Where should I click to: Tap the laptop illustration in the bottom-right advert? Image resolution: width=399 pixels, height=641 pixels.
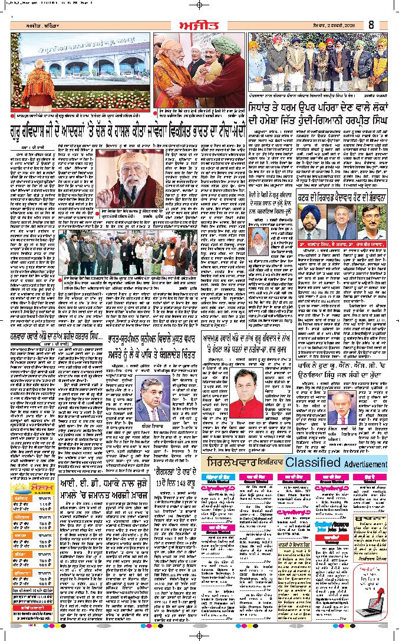[374, 612]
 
